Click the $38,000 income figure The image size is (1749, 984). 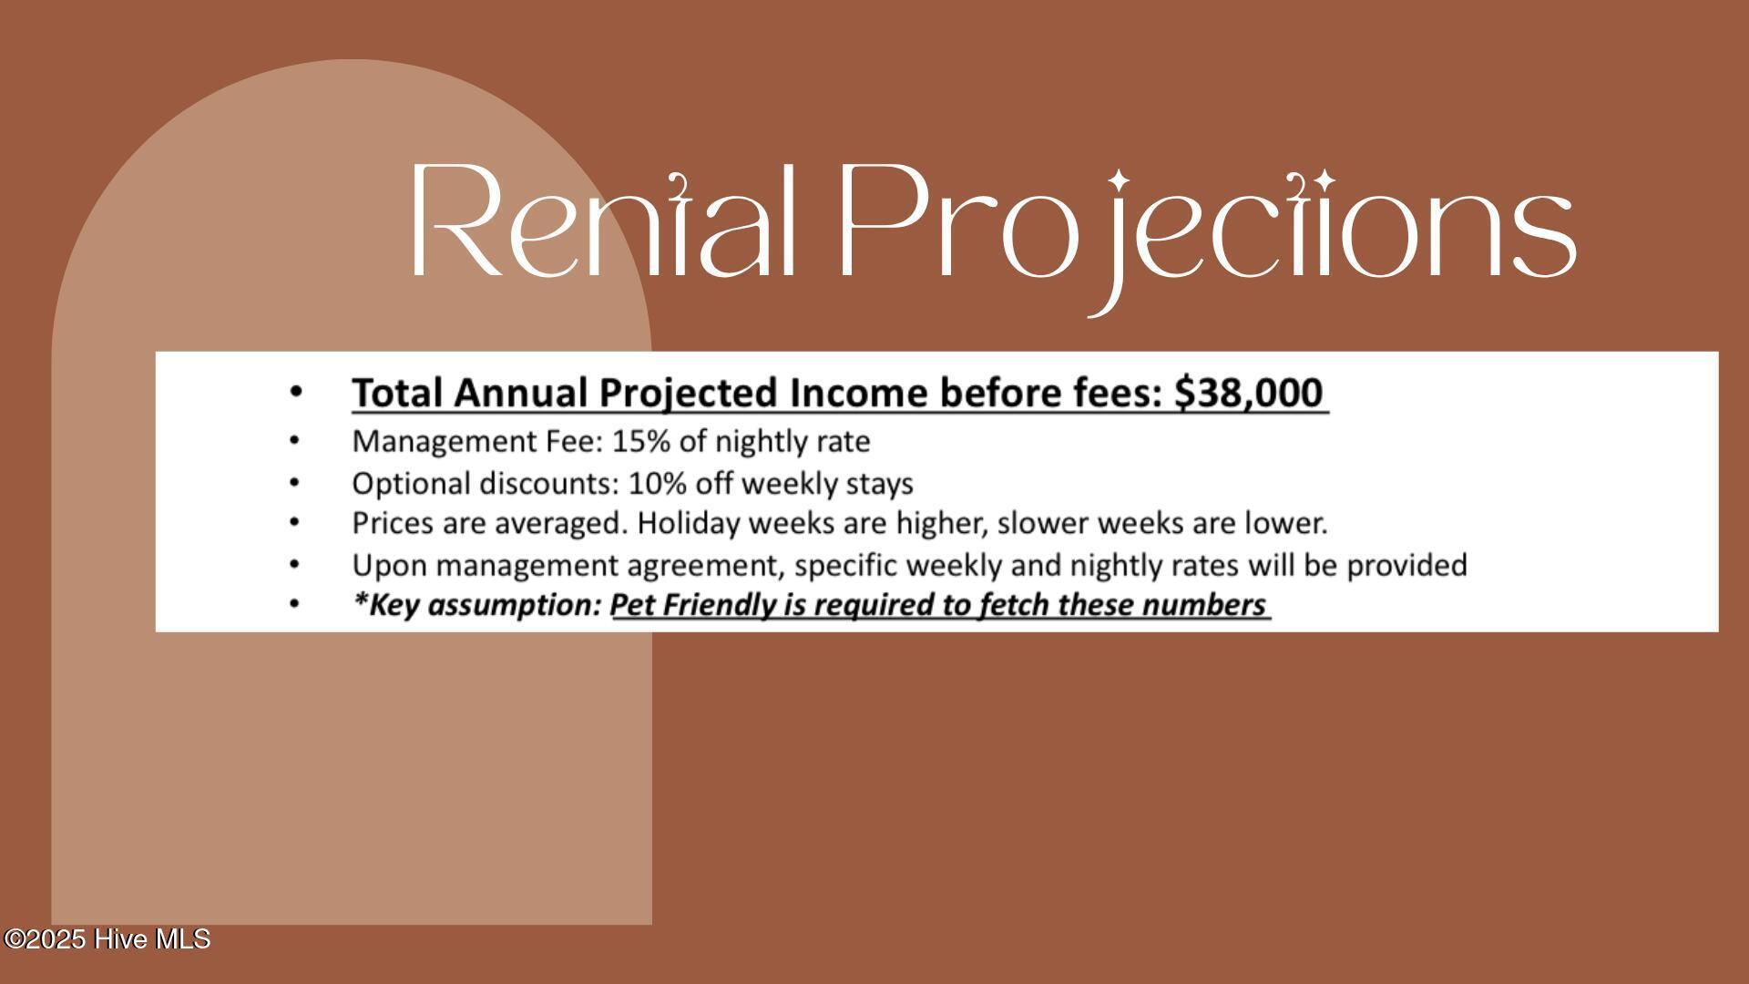[1248, 393]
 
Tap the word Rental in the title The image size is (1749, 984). [605, 220]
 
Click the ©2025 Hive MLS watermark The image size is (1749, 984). [107, 939]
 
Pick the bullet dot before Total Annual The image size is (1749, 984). [294, 393]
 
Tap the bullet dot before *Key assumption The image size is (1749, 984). [294, 605]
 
